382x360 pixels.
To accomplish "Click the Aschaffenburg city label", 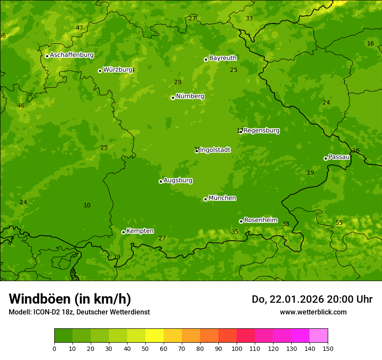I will click(x=72, y=55).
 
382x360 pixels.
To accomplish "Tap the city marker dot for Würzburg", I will click(x=100, y=71).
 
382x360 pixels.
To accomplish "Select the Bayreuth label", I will click(x=223, y=58).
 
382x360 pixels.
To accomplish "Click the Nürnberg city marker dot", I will click(x=173, y=98).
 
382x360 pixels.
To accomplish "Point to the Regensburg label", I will click(x=261, y=131).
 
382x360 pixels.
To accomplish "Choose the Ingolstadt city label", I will click(x=215, y=150).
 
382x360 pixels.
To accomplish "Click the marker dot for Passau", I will click(x=326, y=158).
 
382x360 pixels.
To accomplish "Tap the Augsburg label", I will click(x=178, y=180).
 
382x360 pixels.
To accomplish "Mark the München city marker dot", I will click(x=205, y=199).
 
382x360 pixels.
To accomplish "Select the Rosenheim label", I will click(x=260, y=220).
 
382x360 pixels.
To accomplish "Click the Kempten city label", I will click(x=140, y=231).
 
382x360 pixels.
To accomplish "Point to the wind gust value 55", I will click(x=339, y=223).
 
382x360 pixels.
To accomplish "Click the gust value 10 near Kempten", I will click(x=87, y=206).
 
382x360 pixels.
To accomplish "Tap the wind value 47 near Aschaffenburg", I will click(x=79, y=28).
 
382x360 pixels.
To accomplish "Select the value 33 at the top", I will click(x=249, y=19).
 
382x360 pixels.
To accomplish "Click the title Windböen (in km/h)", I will click(x=69, y=299).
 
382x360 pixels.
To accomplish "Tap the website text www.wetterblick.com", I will click(x=313, y=312).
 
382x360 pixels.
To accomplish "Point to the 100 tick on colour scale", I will click(x=237, y=348).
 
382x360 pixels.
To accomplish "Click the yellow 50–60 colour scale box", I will click(x=155, y=336).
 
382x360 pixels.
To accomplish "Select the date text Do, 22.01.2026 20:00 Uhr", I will click(x=312, y=299).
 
